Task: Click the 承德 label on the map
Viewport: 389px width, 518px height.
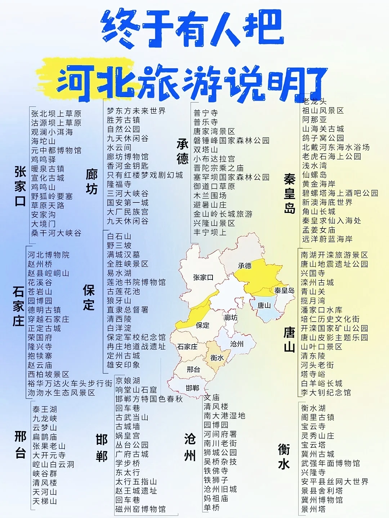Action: (x=245, y=266)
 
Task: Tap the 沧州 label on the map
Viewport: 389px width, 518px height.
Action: (x=237, y=344)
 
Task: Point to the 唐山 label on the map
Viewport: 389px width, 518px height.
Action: (x=264, y=305)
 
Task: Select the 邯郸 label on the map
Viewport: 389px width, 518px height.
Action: (x=193, y=388)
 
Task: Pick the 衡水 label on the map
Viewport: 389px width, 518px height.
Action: (x=217, y=358)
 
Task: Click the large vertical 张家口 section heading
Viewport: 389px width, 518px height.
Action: (x=20, y=186)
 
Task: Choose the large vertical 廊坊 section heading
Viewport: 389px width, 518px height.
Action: (x=92, y=182)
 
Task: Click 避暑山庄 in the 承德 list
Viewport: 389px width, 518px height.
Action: (x=210, y=205)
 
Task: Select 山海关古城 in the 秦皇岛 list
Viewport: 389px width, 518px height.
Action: (x=323, y=129)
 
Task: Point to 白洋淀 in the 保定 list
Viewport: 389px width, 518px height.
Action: (x=119, y=328)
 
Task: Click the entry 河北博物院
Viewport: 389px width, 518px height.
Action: (x=49, y=255)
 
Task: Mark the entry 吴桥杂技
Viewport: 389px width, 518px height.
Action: (x=220, y=462)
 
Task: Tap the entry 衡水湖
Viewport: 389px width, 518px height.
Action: (x=313, y=408)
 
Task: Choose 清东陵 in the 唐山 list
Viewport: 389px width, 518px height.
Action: (x=313, y=356)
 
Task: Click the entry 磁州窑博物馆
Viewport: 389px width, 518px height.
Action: (x=140, y=509)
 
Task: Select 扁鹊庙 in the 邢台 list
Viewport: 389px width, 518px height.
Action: (x=45, y=437)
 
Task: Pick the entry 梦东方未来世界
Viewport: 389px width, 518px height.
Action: (x=136, y=111)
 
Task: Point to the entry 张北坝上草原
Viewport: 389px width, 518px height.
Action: (x=56, y=114)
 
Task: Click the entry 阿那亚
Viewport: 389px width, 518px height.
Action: (x=314, y=119)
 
